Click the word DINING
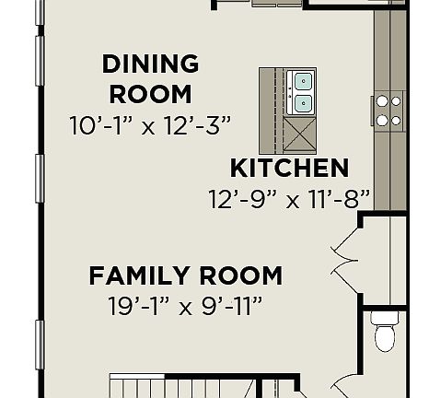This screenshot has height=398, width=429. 150,64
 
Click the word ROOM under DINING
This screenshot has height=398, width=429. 150,93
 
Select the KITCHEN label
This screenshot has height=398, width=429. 288,169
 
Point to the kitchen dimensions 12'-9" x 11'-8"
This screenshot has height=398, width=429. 289,197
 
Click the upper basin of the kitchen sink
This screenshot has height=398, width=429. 303,80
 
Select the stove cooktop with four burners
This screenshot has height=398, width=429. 388,110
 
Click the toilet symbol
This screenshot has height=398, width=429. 385,332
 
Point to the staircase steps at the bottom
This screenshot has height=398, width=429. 175,385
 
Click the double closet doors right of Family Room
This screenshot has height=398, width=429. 342,258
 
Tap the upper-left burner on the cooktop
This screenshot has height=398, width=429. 380,101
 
